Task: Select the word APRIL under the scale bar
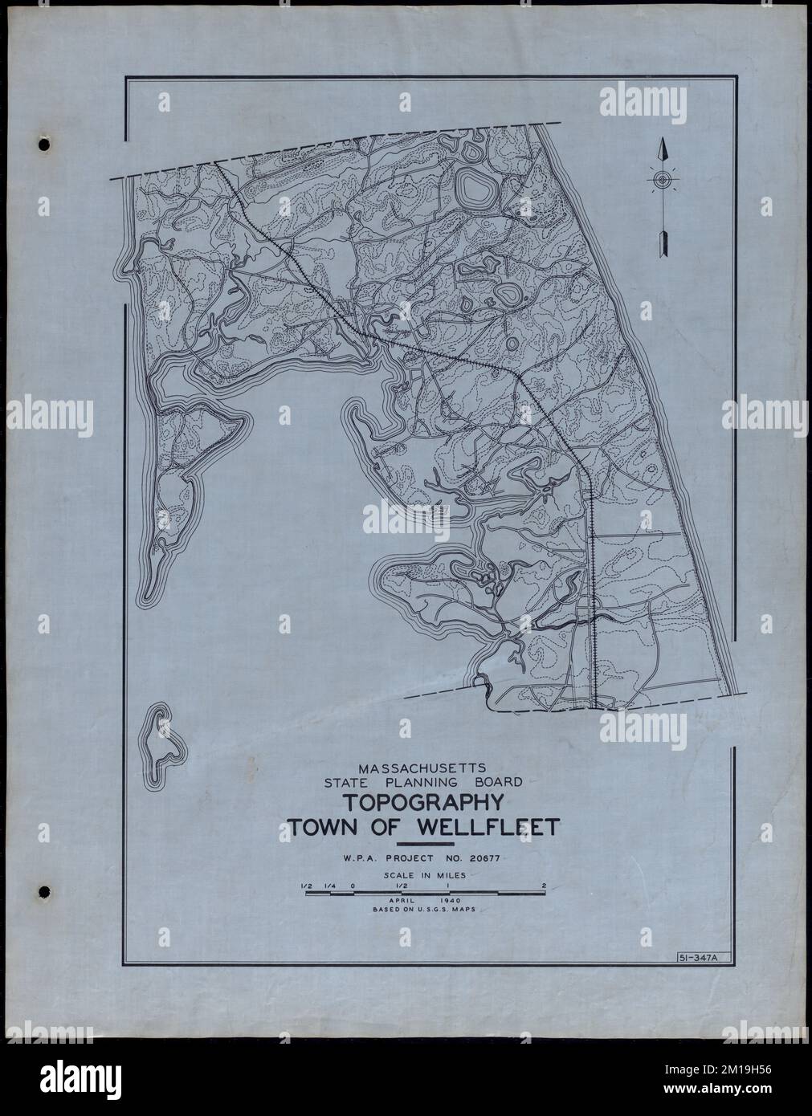tap(400, 901)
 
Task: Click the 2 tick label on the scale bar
tap(545, 886)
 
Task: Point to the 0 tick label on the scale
tap(351, 886)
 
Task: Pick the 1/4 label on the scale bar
tap(328, 886)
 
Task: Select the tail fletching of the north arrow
tap(663, 242)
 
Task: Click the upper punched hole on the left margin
tap(43, 145)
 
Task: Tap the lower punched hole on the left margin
tap(43, 891)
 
